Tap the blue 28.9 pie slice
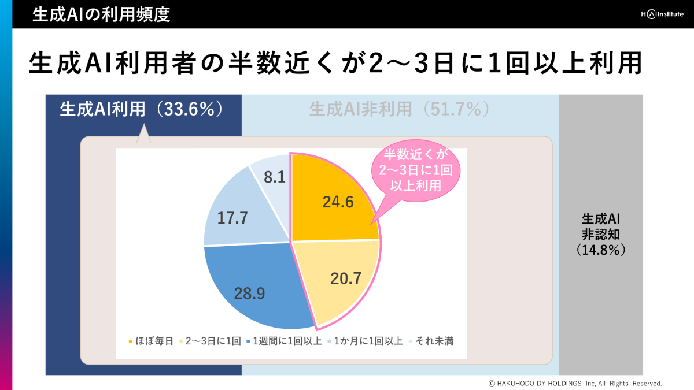(x=254, y=289)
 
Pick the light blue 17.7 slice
(x=237, y=217)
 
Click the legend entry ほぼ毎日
(x=151, y=341)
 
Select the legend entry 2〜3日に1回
(x=211, y=341)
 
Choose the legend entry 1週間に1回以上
(x=284, y=341)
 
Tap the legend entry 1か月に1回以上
(x=365, y=341)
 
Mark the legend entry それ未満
(x=431, y=341)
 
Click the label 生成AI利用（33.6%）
(x=142, y=109)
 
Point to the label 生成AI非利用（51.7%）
(x=400, y=109)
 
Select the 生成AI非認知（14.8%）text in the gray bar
(x=601, y=235)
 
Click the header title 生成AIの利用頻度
(x=101, y=14)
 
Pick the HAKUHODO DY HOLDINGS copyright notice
(x=575, y=383)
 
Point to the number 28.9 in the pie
(x=250, y=294)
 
